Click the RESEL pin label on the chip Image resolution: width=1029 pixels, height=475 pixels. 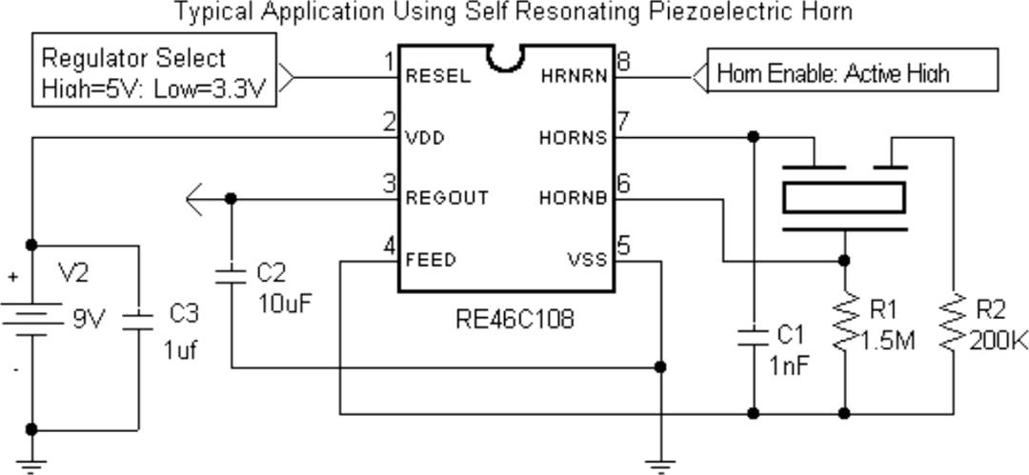pos(438,76)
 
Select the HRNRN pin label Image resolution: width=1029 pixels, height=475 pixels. pos(574,76)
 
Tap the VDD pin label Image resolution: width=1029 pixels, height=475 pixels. pos(425,138)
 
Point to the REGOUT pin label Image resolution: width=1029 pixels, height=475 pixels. pos(447,198)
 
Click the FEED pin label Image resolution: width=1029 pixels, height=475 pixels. pos(431,259)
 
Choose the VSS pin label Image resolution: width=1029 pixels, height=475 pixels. pos(587,259)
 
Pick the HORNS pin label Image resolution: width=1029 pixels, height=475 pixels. pos(573,138)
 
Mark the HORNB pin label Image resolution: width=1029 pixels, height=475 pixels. pos(573,198)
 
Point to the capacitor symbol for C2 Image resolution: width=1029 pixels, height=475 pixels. pos(231,276)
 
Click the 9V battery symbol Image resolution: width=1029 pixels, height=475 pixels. pos(31,315)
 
